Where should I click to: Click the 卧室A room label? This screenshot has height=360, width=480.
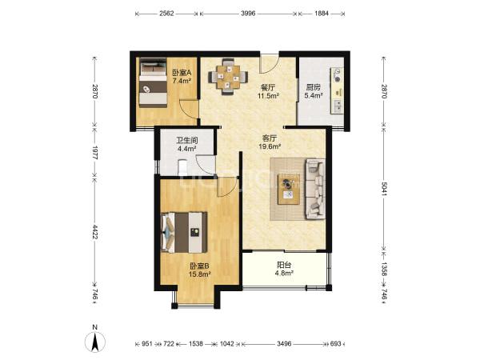point(182,73)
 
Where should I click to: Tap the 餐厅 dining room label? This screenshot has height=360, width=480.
point(268,87)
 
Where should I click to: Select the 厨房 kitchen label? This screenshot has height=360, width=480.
point(313,87)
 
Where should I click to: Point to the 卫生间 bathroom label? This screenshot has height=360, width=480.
point(186,141)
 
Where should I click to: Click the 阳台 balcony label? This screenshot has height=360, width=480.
point(284,265)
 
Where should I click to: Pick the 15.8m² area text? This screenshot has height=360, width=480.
point(199,274)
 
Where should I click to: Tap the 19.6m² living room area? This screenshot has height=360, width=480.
point(270,146)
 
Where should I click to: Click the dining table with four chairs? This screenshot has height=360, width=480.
point(228,77)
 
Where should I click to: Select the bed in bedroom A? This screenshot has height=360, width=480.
point(154,82)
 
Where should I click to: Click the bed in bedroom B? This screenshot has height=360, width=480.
point(184,232)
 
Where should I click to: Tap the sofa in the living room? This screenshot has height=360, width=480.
point(315,189)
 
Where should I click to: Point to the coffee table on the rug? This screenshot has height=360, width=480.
point(289,189)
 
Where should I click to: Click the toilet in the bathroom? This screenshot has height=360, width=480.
point(182,167)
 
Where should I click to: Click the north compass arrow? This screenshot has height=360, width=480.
point(95,342)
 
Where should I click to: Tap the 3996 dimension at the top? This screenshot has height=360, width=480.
point(248,14)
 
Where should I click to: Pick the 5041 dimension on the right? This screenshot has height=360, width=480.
point(384,190)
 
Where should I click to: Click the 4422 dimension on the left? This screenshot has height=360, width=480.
point(95,232)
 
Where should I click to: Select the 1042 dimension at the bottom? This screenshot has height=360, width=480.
point(227,344)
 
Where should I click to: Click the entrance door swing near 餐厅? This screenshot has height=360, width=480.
point(269,64)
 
